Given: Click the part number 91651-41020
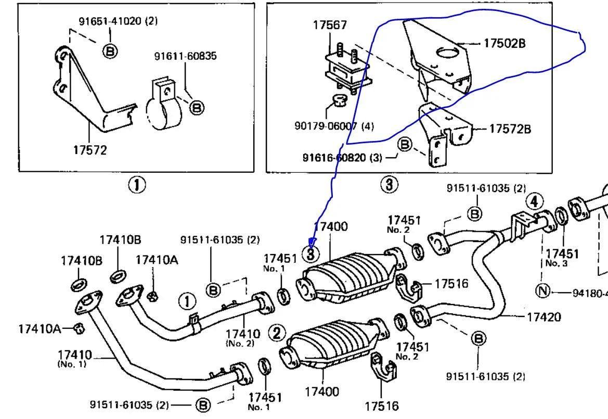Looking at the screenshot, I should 111,21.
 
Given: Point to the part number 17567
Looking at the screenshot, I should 330,25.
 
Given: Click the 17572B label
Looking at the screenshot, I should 510,129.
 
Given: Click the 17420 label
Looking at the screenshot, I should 544,316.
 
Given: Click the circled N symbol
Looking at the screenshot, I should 542,290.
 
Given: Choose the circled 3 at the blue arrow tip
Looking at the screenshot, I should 311,254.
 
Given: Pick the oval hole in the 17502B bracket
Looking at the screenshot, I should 447,52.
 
